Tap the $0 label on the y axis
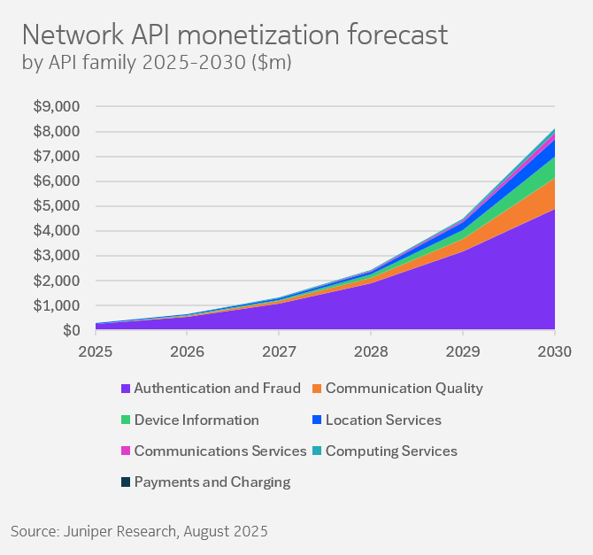(x=71, y=330)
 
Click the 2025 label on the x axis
(x=96, y=351)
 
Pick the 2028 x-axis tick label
(x=371, y=351)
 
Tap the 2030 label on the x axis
(x=554, y=351)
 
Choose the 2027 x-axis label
(x=279, y=351)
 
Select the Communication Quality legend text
(x=404, y=388)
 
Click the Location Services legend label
(x=383, y=420)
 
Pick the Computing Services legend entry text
(x=391, y=451)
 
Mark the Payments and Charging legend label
(x=212, y=482)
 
